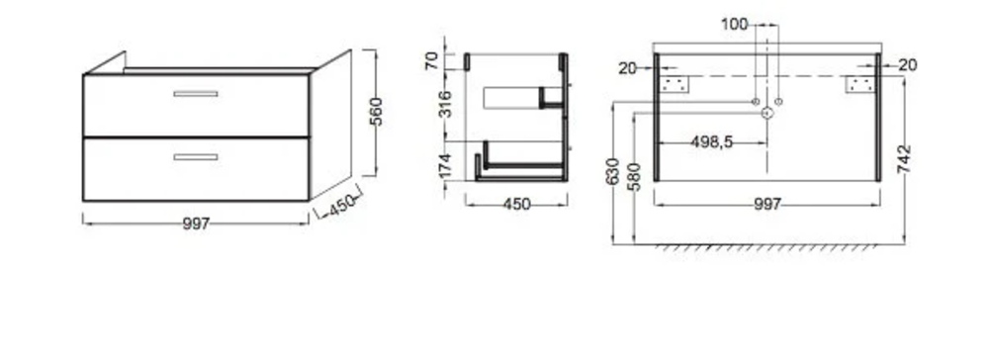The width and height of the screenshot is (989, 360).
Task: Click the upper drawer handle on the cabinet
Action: [196, 94]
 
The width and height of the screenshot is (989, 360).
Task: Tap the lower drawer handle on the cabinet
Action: [196, 157]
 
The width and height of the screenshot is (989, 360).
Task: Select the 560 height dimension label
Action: [376, 112]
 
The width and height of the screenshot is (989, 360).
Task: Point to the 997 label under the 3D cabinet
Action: [196, 224]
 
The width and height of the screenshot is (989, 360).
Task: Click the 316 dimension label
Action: [445, 104]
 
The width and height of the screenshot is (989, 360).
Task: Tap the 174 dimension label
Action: [445, 166]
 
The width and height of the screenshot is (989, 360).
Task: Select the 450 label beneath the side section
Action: [517, 205]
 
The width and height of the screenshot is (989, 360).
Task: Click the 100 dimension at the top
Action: [734, 25]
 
